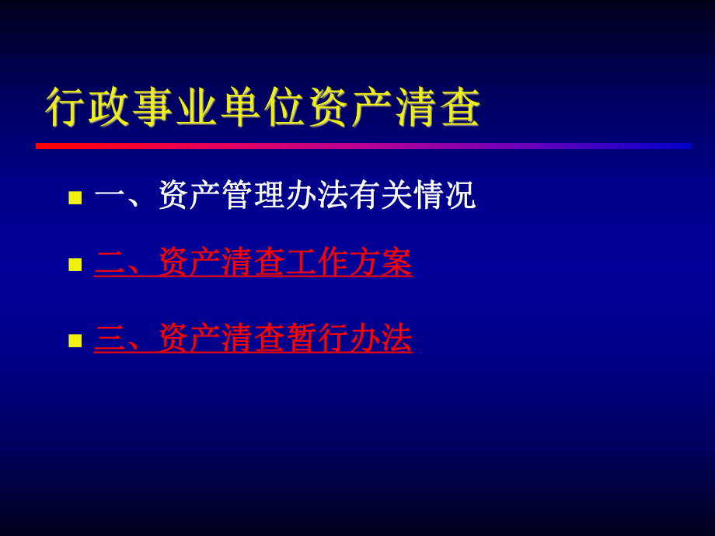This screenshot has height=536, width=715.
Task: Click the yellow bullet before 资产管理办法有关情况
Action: tap(75, 197)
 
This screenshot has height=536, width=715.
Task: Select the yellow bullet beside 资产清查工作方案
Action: tap(75, 264)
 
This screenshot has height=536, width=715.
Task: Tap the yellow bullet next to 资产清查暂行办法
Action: tap(75, 339)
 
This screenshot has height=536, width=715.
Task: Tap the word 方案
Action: tap(380, 263)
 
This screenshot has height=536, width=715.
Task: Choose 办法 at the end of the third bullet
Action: tap(380, 338)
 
